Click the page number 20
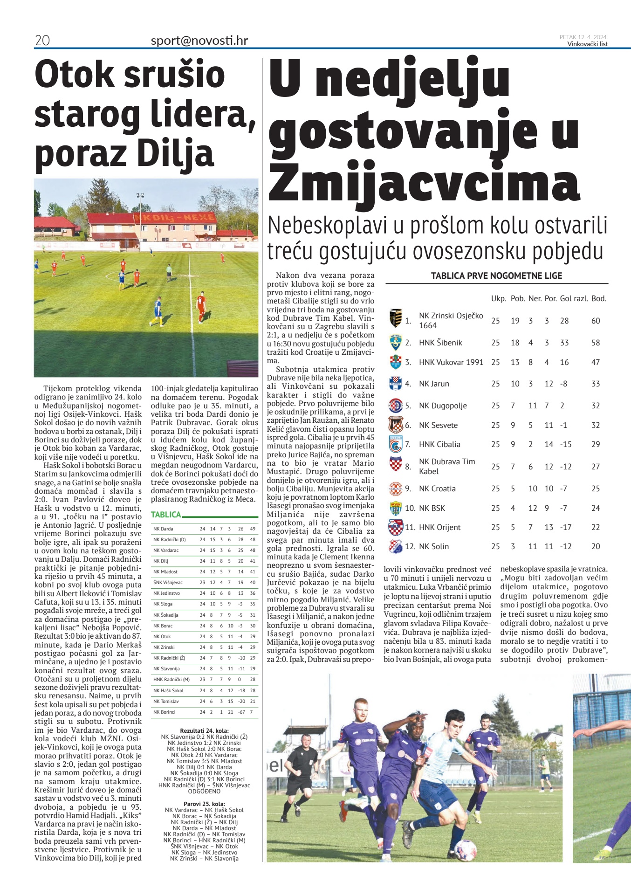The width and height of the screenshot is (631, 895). click(42, 41)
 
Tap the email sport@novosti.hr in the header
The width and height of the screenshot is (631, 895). click(199, 41)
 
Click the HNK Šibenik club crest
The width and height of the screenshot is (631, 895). click(395, 343)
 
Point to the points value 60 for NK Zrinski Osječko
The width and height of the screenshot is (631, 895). click(595, 321)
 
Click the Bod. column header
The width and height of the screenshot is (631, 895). click(598, 298)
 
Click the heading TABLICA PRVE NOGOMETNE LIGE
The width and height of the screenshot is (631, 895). click(496, 275)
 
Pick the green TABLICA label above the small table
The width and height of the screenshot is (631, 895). click(166, 515)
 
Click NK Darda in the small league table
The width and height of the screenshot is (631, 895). click(163, 529)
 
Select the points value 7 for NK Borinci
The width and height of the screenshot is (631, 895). click(252, 712)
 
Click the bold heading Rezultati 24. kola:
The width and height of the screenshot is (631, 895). click(204, 730)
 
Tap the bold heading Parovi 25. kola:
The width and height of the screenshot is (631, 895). click(204, 804)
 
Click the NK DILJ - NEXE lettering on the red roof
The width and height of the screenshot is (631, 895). click(174, 218)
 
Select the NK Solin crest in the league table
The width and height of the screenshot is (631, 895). click(395, 546)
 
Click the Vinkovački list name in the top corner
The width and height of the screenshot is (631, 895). click(587, 44)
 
